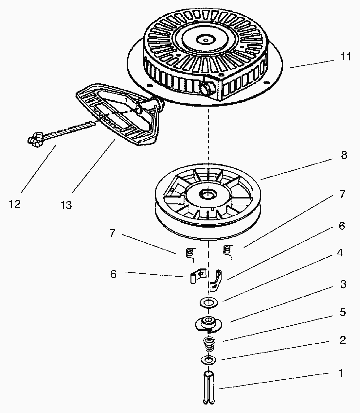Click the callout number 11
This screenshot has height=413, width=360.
point(345,57)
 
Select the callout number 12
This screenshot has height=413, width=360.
point(15,204)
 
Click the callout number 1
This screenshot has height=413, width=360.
point(341,373)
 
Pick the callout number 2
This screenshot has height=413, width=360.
point(342,340)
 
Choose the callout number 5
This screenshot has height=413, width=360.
point(342,312)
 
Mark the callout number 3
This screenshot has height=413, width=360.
point(343,284)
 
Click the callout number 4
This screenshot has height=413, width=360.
point(340,253)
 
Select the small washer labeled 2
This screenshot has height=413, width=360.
point(208,360)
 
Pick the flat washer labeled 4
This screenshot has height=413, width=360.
point(208,302)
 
